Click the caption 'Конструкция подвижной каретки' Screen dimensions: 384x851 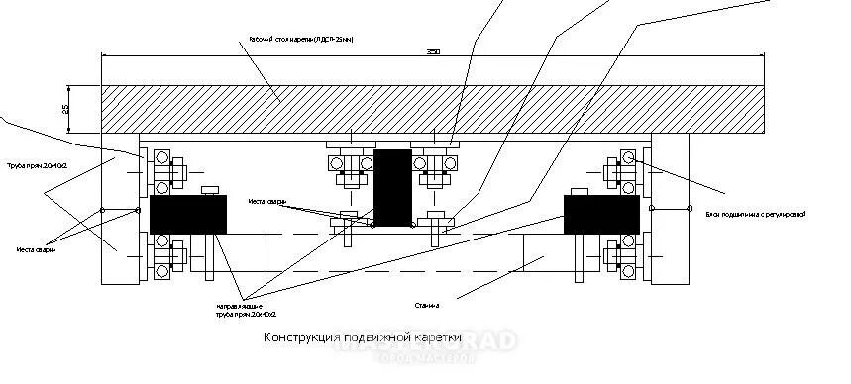coord(363,337)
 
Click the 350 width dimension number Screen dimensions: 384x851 coord(432,52)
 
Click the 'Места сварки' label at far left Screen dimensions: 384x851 coord(36,249)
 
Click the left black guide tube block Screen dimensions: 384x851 coord(187,214)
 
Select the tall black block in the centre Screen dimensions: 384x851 coord(392,185)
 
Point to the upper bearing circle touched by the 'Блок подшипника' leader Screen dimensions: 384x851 coord(627,157)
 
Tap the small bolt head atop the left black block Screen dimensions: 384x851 coord(208,190)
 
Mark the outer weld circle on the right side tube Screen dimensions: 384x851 coord(691,208)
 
